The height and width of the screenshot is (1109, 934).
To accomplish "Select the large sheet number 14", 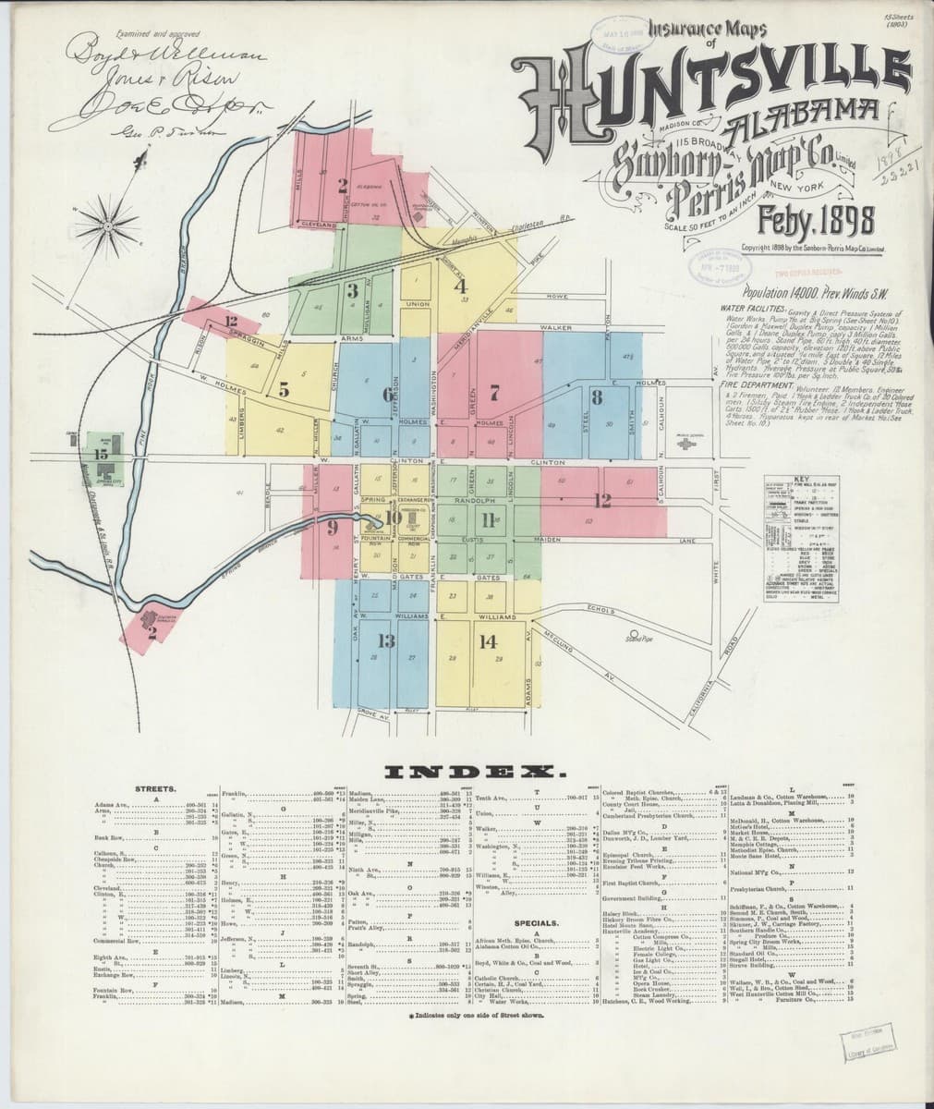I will (x=487, y=640).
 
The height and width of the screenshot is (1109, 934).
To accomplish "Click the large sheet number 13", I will (x=385, y=640).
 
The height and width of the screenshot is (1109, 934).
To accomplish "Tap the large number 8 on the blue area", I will (x=598, y=398).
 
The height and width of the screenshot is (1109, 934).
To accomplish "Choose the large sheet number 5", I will (x=285, y=390).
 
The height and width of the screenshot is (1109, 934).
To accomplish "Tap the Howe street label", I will (x=556, y=296).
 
